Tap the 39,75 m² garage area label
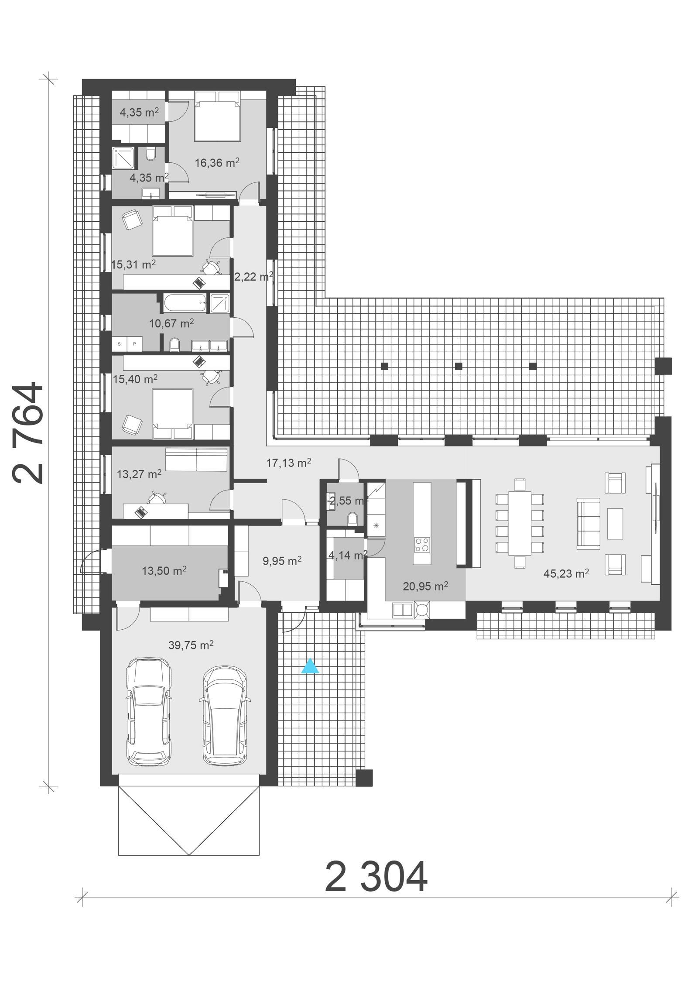(191, 645)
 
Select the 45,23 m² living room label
(566, 573)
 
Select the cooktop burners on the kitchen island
(421, 545)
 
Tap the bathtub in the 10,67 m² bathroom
(185, 303)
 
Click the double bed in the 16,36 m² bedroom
(217, 116)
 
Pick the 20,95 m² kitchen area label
(425, 586)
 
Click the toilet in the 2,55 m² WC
(353, 519)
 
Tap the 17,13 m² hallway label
(288, 463)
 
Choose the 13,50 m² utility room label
(164, 570)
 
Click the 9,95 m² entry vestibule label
(282, 561)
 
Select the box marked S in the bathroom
(120, 344)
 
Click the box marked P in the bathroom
(134, 344)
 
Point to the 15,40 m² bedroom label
(135, 379)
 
